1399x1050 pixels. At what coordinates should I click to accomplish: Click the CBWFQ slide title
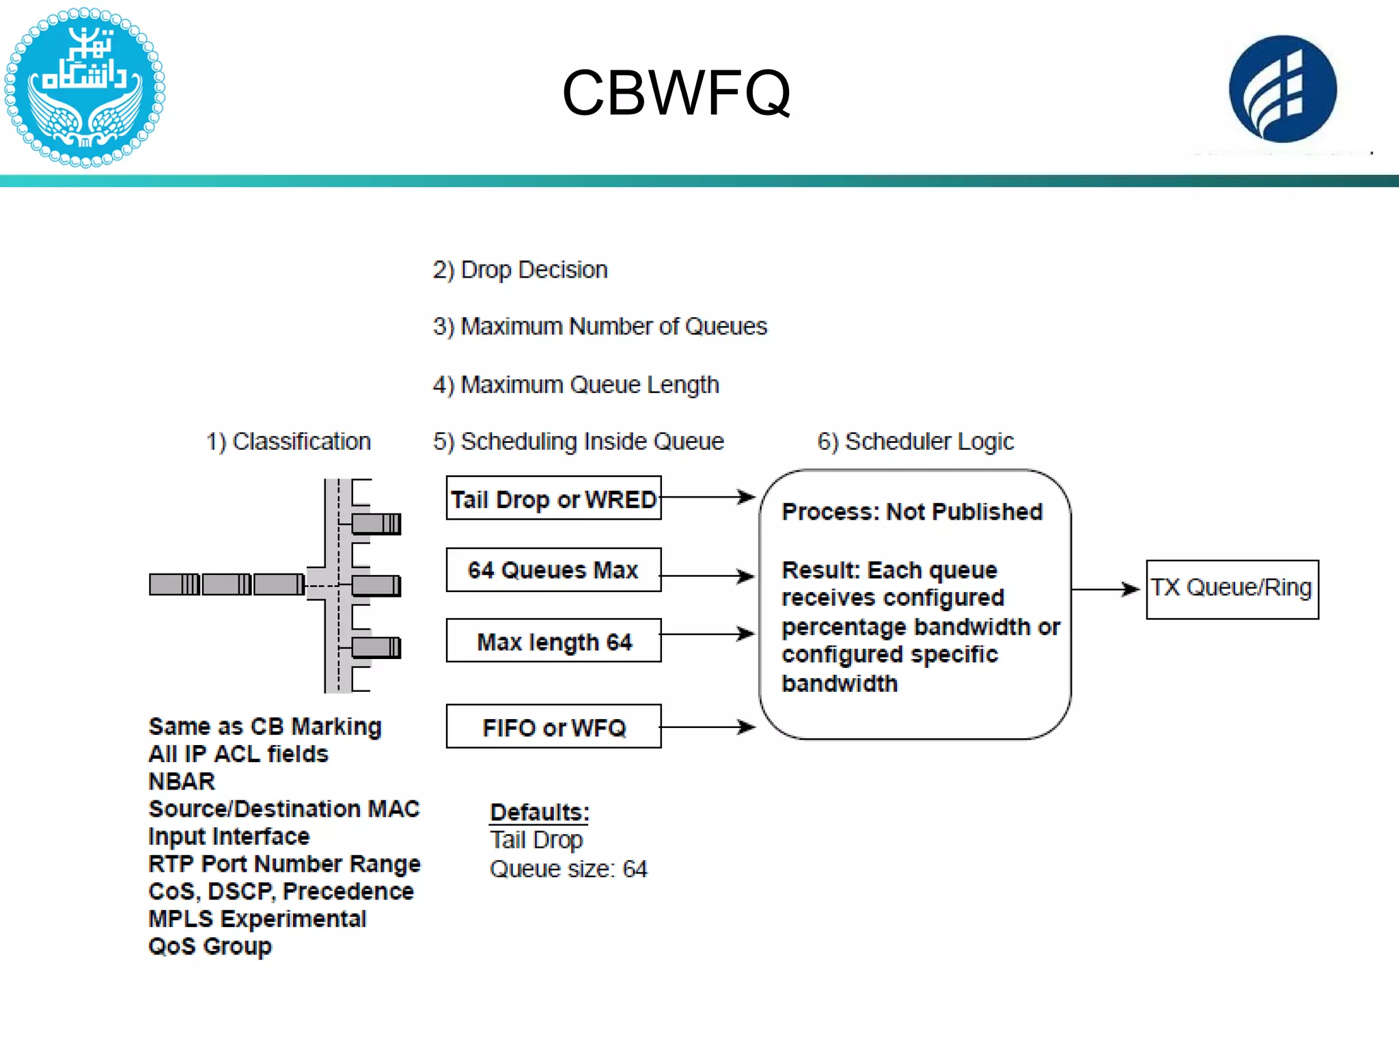(676, 93)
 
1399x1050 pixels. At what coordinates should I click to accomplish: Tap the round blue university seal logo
(84, 87)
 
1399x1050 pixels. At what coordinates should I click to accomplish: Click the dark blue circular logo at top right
(1282, 89)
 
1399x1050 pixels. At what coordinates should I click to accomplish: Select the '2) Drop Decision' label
(520, 270)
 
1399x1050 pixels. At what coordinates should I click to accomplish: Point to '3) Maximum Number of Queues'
(600, 327)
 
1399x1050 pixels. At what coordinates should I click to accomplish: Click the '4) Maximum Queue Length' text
(576, 385)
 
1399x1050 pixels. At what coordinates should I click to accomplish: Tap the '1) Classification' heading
(288, 442)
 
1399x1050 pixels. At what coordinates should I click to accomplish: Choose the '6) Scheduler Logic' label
(915, 442)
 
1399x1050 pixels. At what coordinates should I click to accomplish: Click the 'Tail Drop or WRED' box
(553, 498)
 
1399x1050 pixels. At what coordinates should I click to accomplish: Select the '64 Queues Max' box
(553, 569)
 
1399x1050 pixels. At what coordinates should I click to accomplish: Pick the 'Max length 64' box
(553, 641)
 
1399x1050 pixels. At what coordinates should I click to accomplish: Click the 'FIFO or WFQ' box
(553, 727)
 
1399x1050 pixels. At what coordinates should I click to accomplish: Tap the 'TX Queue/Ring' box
(1232, 589)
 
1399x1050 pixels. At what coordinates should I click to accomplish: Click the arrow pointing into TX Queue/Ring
(1107, 589)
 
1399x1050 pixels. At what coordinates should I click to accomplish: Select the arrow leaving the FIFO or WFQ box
(708, 727)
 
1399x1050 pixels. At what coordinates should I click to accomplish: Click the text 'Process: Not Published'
(912, 512)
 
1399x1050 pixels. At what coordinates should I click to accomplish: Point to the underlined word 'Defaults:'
(540, 812)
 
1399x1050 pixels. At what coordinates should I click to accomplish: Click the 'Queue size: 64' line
(568, 869)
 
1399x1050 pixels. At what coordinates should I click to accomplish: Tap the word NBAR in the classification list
(182, 781)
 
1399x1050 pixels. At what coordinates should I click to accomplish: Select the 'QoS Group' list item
(210, 947)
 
